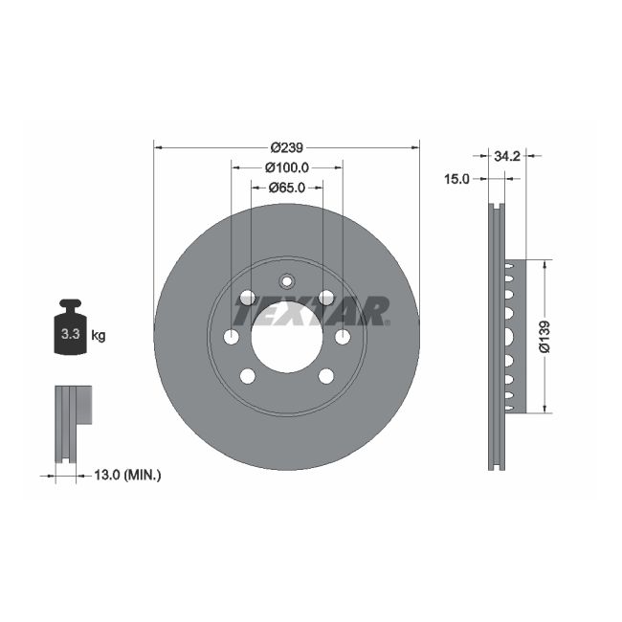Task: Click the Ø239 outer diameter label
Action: point(286,147)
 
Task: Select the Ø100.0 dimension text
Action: point(286,167)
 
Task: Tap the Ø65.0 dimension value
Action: point(286,188)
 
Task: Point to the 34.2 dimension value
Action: point(507,155)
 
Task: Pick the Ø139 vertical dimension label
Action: point(544,336)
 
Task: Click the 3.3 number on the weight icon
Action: point(69,336)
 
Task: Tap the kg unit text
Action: point(99,336)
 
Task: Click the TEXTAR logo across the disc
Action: point(311,311)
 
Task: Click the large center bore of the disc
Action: point(286,337)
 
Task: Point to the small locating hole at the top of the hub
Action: point(286,281)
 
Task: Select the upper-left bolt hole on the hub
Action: point(247,298)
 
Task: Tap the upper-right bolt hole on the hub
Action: point(326,298)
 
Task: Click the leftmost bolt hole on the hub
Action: point(231,337)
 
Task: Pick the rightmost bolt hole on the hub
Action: point(343,337)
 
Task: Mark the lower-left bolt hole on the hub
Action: point(247,375)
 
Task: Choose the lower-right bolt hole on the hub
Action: point(326,375)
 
